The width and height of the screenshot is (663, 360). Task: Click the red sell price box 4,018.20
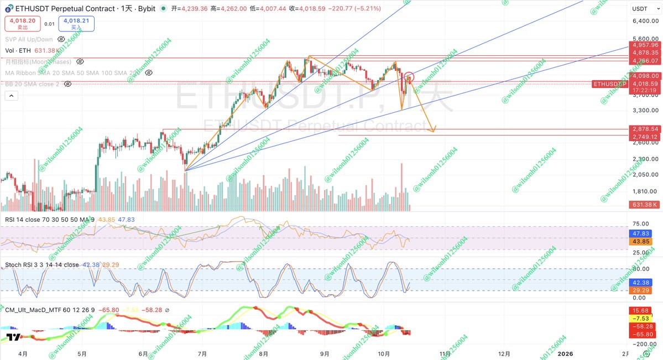pos(23,23)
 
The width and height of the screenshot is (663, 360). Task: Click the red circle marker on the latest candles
pos(409,77)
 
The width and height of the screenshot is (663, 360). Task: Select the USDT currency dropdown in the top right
pos(643,9)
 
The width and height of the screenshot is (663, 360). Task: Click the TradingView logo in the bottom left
pos(14,336)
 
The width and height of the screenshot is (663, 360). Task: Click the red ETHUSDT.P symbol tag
pos(609,84)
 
